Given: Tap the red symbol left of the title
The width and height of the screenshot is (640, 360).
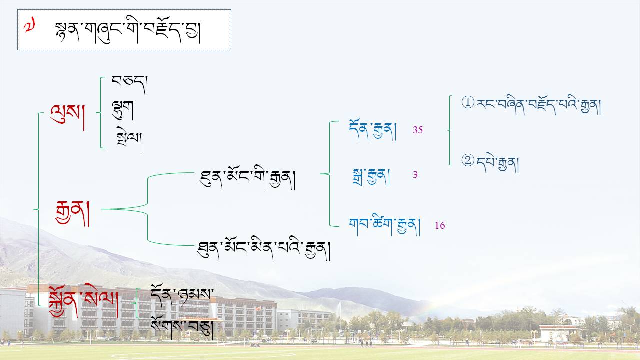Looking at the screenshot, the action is coord(29,25).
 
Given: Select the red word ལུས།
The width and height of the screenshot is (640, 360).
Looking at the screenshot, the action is coord(67,117).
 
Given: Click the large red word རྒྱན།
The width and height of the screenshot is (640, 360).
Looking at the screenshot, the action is coord(72,213).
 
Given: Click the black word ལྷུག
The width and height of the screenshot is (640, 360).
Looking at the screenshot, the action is coord(123,110).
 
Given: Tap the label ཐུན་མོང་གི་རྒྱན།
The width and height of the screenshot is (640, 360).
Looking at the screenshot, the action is coord(247,180).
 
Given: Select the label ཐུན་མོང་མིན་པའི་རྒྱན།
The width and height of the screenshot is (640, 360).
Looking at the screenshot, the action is coord(264,250).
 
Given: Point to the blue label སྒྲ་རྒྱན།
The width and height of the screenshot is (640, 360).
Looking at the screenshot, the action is coord(371,177).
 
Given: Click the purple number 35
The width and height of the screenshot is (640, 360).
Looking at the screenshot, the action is coord(417,130).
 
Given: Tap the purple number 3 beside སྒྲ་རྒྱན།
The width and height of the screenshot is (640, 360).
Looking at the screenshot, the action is coord(415,174).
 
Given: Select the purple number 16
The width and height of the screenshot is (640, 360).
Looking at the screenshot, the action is coord(440,225).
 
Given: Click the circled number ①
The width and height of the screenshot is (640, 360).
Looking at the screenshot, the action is coord(468,102).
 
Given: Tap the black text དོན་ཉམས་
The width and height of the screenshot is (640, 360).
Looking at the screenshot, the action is coord(182,296).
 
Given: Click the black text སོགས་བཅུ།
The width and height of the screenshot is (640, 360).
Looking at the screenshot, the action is coord(182,328).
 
